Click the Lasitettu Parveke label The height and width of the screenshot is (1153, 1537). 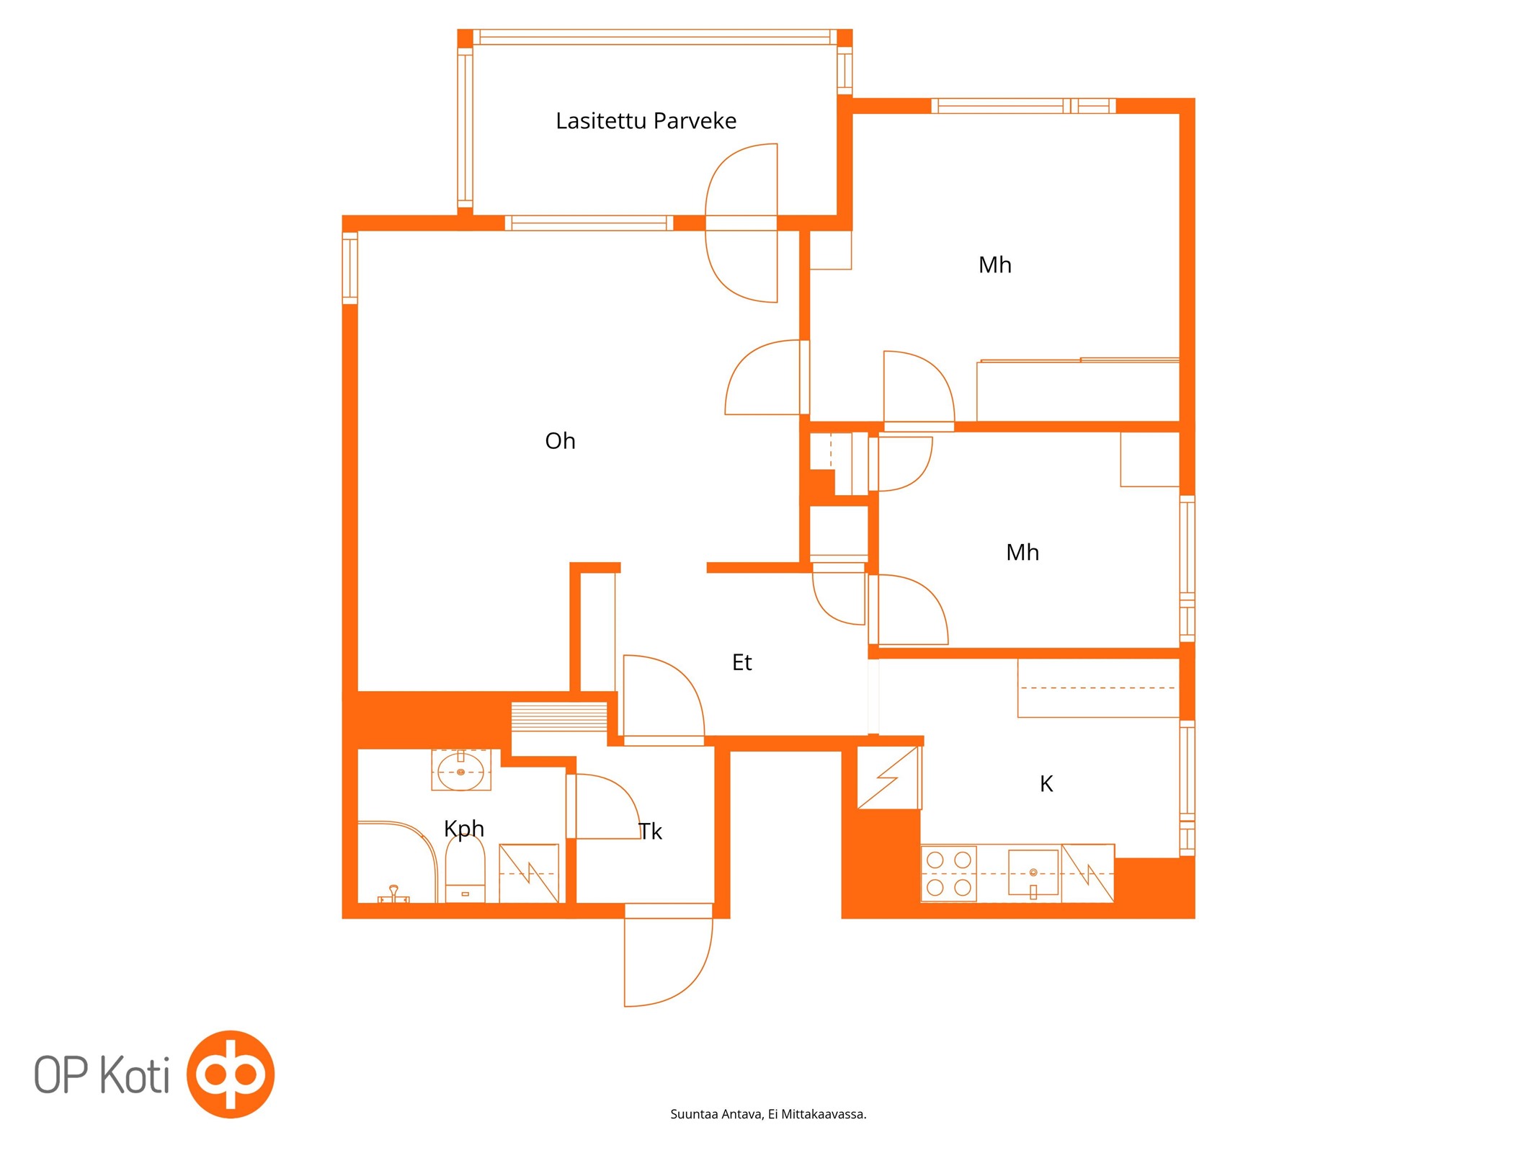(646, 121)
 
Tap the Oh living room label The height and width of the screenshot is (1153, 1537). (560, 440)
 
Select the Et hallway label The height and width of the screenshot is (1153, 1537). (741, 662)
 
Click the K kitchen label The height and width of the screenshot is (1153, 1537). (1046, 783)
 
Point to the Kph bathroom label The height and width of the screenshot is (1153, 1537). (464, 829)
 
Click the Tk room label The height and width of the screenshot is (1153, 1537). (650, 832)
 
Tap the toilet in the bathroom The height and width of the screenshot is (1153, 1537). (465, 868)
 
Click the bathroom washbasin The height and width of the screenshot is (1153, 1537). (460, 770)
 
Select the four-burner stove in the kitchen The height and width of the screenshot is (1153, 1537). (949, 873)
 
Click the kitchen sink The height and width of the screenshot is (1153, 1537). (1033, 873)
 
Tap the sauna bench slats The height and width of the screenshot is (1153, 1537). (559, 717)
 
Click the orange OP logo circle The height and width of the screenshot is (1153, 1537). (231, 1074)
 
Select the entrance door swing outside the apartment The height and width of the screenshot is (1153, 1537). (668, 963)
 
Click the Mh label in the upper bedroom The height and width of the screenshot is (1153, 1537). (994, 265)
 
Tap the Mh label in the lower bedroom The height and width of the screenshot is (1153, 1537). (1022, 553)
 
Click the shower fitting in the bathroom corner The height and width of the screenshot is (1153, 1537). (393, 894)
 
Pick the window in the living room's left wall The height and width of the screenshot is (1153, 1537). (349, 267)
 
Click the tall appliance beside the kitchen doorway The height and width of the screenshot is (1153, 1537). (889, 778)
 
